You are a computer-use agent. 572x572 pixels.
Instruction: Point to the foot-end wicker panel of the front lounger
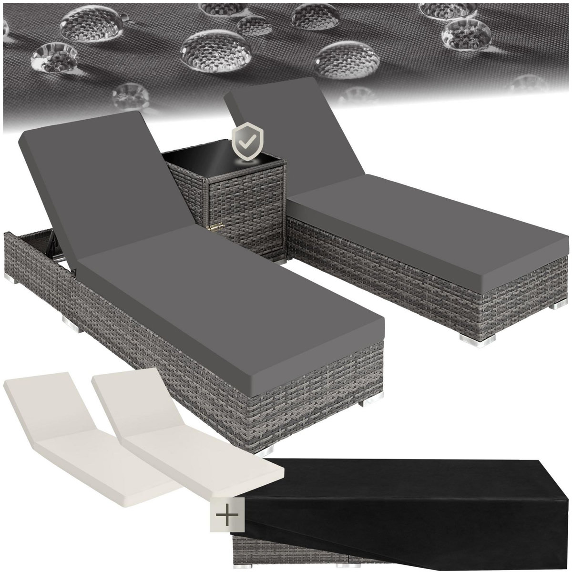coord(329,396)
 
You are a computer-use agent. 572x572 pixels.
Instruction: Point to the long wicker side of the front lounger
coord(143,362)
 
